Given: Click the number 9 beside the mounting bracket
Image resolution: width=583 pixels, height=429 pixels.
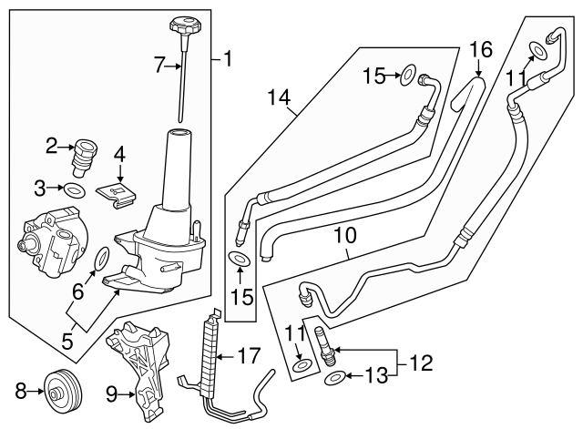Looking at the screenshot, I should pos(111,394).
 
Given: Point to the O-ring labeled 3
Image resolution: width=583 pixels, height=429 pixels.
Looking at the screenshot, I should pos(77,189).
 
